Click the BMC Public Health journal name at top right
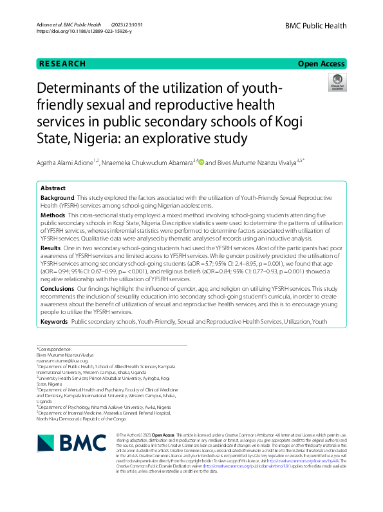coord(315,26)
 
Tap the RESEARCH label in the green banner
coord(62,64)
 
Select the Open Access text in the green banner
coord(322,64)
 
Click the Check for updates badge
coord(337,83)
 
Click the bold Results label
coord(51,248)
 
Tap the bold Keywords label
coord(54,320)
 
